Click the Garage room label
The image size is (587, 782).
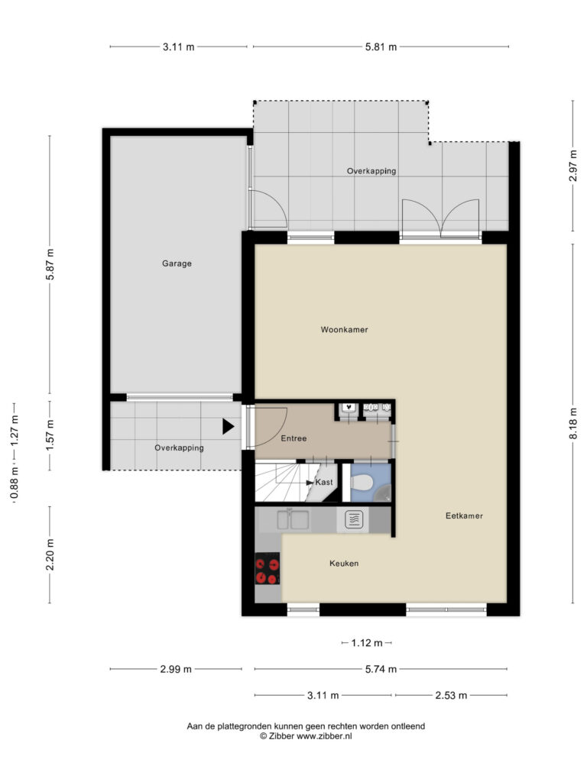coord(177,263)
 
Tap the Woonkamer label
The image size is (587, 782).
coord(345,330)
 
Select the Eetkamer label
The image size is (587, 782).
coord(464,515)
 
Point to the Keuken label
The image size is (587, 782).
coord(344,563)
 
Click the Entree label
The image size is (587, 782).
coord(293,438)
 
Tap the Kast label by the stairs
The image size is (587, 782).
coord(324,483)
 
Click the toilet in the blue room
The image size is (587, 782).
coord(361,483)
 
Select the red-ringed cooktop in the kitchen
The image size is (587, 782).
coord(268,568)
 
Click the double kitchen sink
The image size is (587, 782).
coord(293,519)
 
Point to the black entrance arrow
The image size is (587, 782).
coord(228,426)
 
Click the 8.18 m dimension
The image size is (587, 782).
coord(573,423)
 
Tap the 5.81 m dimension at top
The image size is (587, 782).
coord(381,47)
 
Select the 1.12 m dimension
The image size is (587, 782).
coord(367,643)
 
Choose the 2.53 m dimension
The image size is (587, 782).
coord(451,695)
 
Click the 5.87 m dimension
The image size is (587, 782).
coord(50,263)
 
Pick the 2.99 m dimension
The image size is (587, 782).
coord(176,669)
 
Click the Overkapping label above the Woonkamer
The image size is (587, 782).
coord(372,171)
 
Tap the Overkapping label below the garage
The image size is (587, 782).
coord(179,448)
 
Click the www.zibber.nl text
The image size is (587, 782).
coord(324,736)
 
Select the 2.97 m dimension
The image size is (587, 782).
coord(573,166)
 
